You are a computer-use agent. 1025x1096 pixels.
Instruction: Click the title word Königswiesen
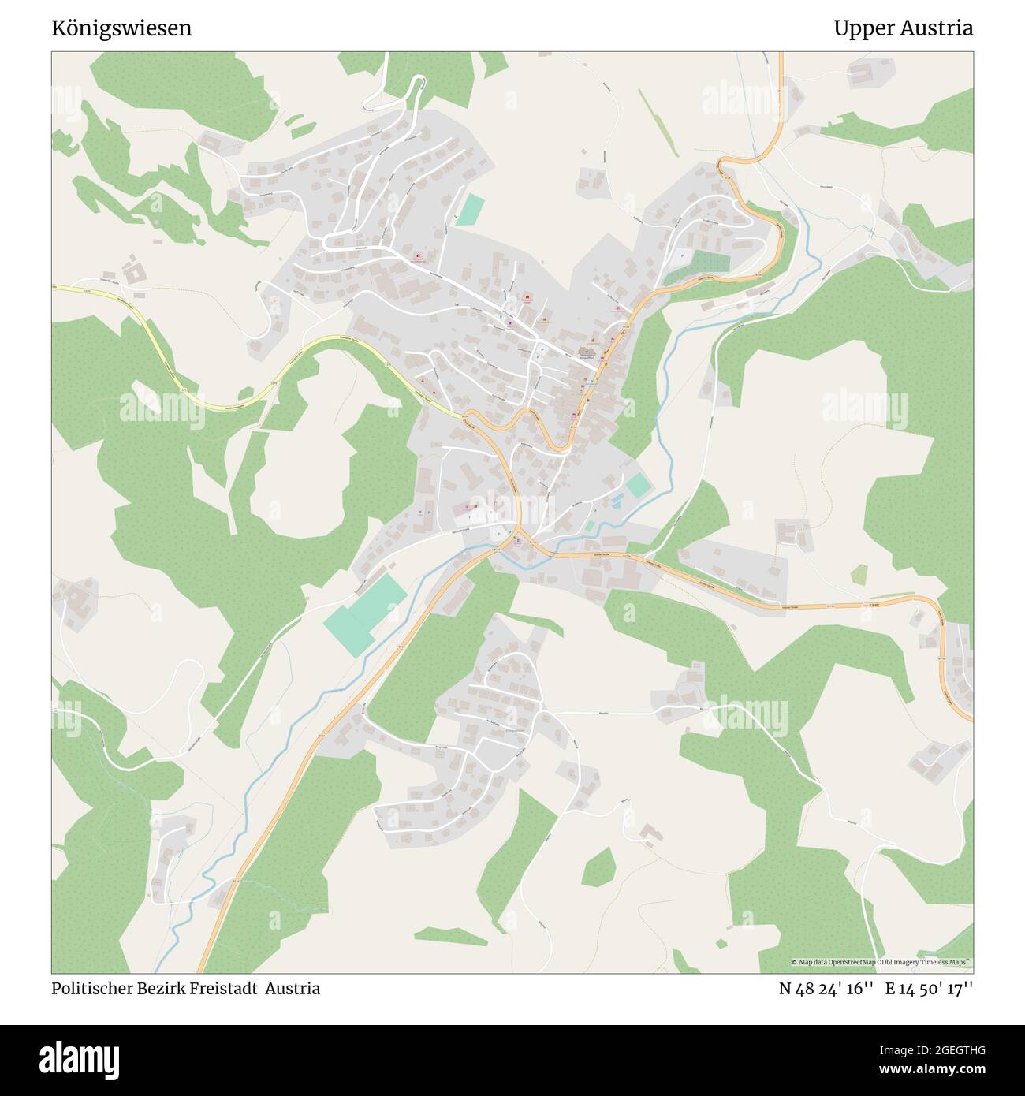coord(121,28)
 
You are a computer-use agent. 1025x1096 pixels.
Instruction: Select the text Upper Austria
coord(903,28)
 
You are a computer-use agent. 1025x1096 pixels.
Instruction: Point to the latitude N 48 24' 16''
coord(826,989)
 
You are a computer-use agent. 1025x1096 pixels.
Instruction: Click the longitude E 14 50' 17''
coord(929,989)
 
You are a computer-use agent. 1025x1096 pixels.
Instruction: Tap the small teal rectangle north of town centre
coord(471,209)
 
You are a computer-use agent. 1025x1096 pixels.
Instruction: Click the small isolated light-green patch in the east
coord(859,573)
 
